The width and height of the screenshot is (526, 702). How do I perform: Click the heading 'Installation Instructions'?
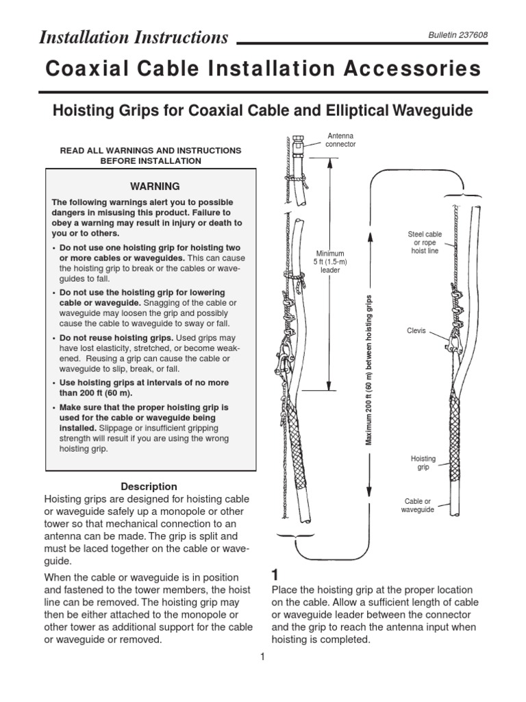pyautogui.click(x=134, y=38)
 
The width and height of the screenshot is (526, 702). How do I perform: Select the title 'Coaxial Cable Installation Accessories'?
pyautogui.click(x=263, y=69)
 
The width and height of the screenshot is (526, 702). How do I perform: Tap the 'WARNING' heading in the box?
pyautogui.click(x=150, y=186)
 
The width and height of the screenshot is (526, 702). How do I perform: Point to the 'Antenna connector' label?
pyautogui.click(x=340, y=140)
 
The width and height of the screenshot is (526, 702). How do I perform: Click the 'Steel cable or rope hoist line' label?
pyautogui.click(x=425, y=243)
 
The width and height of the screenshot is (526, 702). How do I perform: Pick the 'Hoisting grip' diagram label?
pyautogui.click(x=423, y=463)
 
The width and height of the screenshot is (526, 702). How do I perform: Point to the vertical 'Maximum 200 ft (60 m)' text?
pyautogui.click(x=368, y=370)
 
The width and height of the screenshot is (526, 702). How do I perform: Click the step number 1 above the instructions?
pyautogui.click(x=276, y=574)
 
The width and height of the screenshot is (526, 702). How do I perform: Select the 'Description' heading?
pyautogui.click(x=149, y=486)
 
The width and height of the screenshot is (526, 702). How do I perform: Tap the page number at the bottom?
pyautogui.click(x=262, y=658)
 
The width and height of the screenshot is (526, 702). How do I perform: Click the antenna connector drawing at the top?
pyautogui.click(x=298, y=147)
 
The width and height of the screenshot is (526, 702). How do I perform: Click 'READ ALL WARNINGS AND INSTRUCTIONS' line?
pyautogui.click(x=151, y=150)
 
